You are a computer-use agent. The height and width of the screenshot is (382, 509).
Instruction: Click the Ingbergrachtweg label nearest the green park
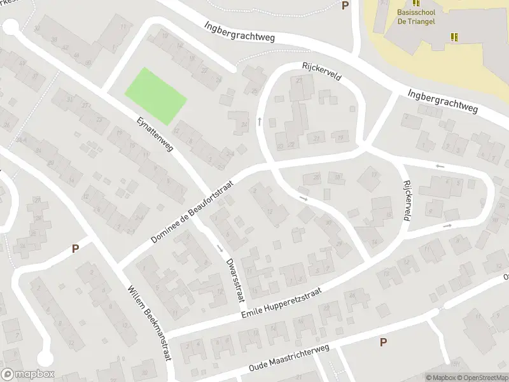[x=239, y=31]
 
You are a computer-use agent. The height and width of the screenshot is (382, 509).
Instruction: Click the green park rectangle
[x=156, y=96]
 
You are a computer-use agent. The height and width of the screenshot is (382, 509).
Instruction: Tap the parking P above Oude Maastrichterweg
[x=383, y=343]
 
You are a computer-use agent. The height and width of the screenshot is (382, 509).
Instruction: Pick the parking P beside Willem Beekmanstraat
[x=75, y=248]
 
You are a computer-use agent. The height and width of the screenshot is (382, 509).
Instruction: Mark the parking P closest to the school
[x=345, y=5]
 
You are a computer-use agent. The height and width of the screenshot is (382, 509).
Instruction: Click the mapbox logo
[x=27, y=374]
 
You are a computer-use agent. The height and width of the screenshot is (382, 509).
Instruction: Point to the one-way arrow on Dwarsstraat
[x=220, y=248]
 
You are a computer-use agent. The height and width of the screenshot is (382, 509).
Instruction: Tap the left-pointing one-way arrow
[x=439, y=166]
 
